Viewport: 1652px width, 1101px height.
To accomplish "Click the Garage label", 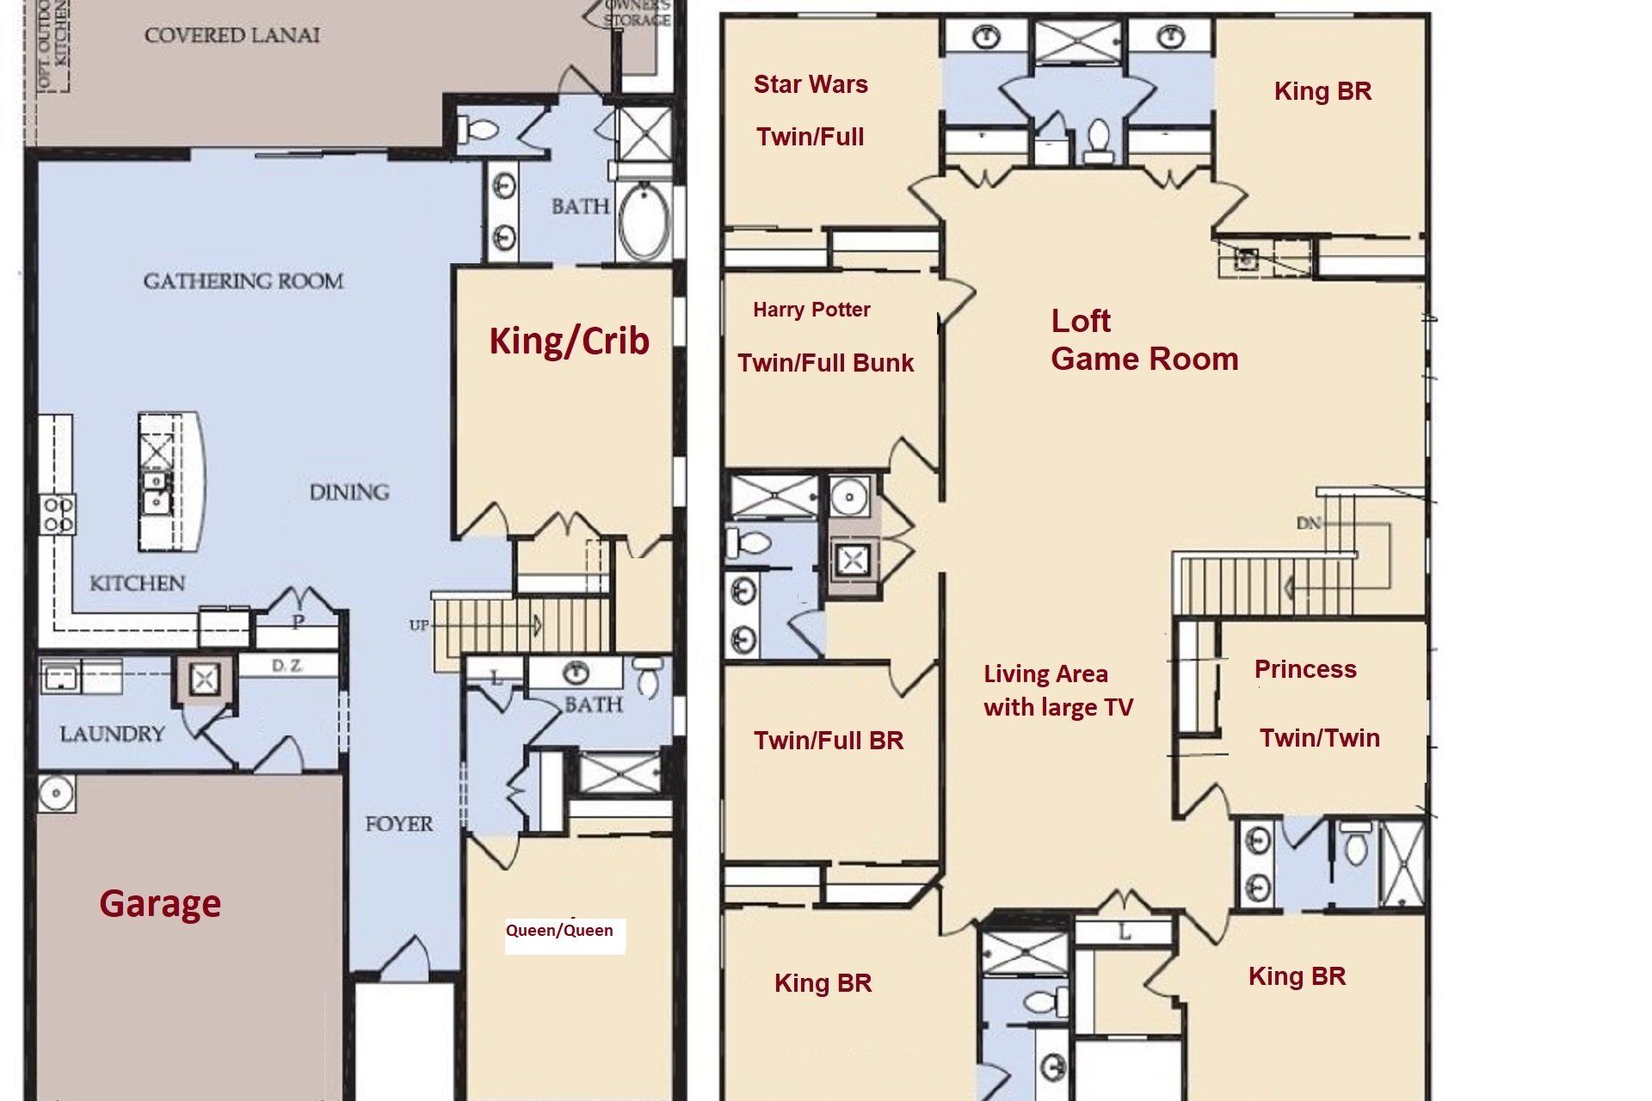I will tap(160, 904).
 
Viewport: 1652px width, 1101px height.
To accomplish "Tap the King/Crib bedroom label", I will tap(569, 341).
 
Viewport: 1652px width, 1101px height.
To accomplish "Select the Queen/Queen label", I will tap(559, 931).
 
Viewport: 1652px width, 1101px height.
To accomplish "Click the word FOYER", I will tap(398, 824).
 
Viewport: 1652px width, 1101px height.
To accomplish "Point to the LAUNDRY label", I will tap(112, 734).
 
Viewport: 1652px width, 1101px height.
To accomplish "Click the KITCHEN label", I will tap(137, 583).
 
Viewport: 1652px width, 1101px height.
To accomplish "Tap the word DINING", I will tap(349, 492).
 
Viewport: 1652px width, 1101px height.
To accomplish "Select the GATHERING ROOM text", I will tap(243, 281).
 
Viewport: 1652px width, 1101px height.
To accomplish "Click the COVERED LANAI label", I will tap(231, 35).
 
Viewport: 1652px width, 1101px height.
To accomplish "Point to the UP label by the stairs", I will tap(419, 625).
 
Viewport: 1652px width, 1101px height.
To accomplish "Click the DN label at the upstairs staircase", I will tap(1308, 523).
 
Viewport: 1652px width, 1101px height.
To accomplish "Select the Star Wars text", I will tap(811, 84).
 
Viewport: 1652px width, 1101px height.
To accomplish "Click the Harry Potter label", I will tap(811, 310).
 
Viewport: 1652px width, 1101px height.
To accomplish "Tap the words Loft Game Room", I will tap(1143, 340).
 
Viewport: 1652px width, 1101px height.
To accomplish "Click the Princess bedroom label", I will tap(1305, 669).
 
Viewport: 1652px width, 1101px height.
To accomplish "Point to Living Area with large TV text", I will tap(1057, 691).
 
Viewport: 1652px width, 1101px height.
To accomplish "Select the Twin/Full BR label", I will tap(829, 741).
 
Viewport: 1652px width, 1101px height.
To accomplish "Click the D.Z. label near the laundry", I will tap(285, 666).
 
